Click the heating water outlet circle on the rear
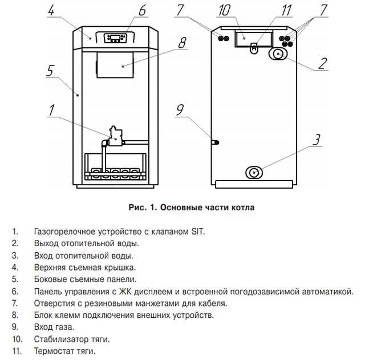(278, 54)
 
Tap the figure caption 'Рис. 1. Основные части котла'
(191, 207)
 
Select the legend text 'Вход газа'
(54, 327)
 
